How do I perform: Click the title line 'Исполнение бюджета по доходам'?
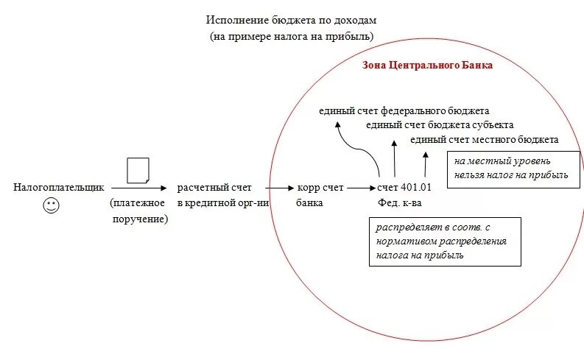point(292,20)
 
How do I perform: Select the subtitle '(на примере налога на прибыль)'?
point(292,35)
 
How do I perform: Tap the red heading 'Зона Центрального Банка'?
point(428,65)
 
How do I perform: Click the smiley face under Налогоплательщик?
point(51,206)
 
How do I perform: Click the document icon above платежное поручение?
point(138,171)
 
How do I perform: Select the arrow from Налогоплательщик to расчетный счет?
point(139,188)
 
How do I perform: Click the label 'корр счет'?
point(321,188)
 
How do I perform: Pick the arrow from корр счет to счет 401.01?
point(360,188)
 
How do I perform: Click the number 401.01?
point(417,188)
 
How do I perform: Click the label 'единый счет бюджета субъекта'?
point(440,124)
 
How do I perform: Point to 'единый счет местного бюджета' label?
point(484,138)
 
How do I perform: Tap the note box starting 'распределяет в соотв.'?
point(444,241)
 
